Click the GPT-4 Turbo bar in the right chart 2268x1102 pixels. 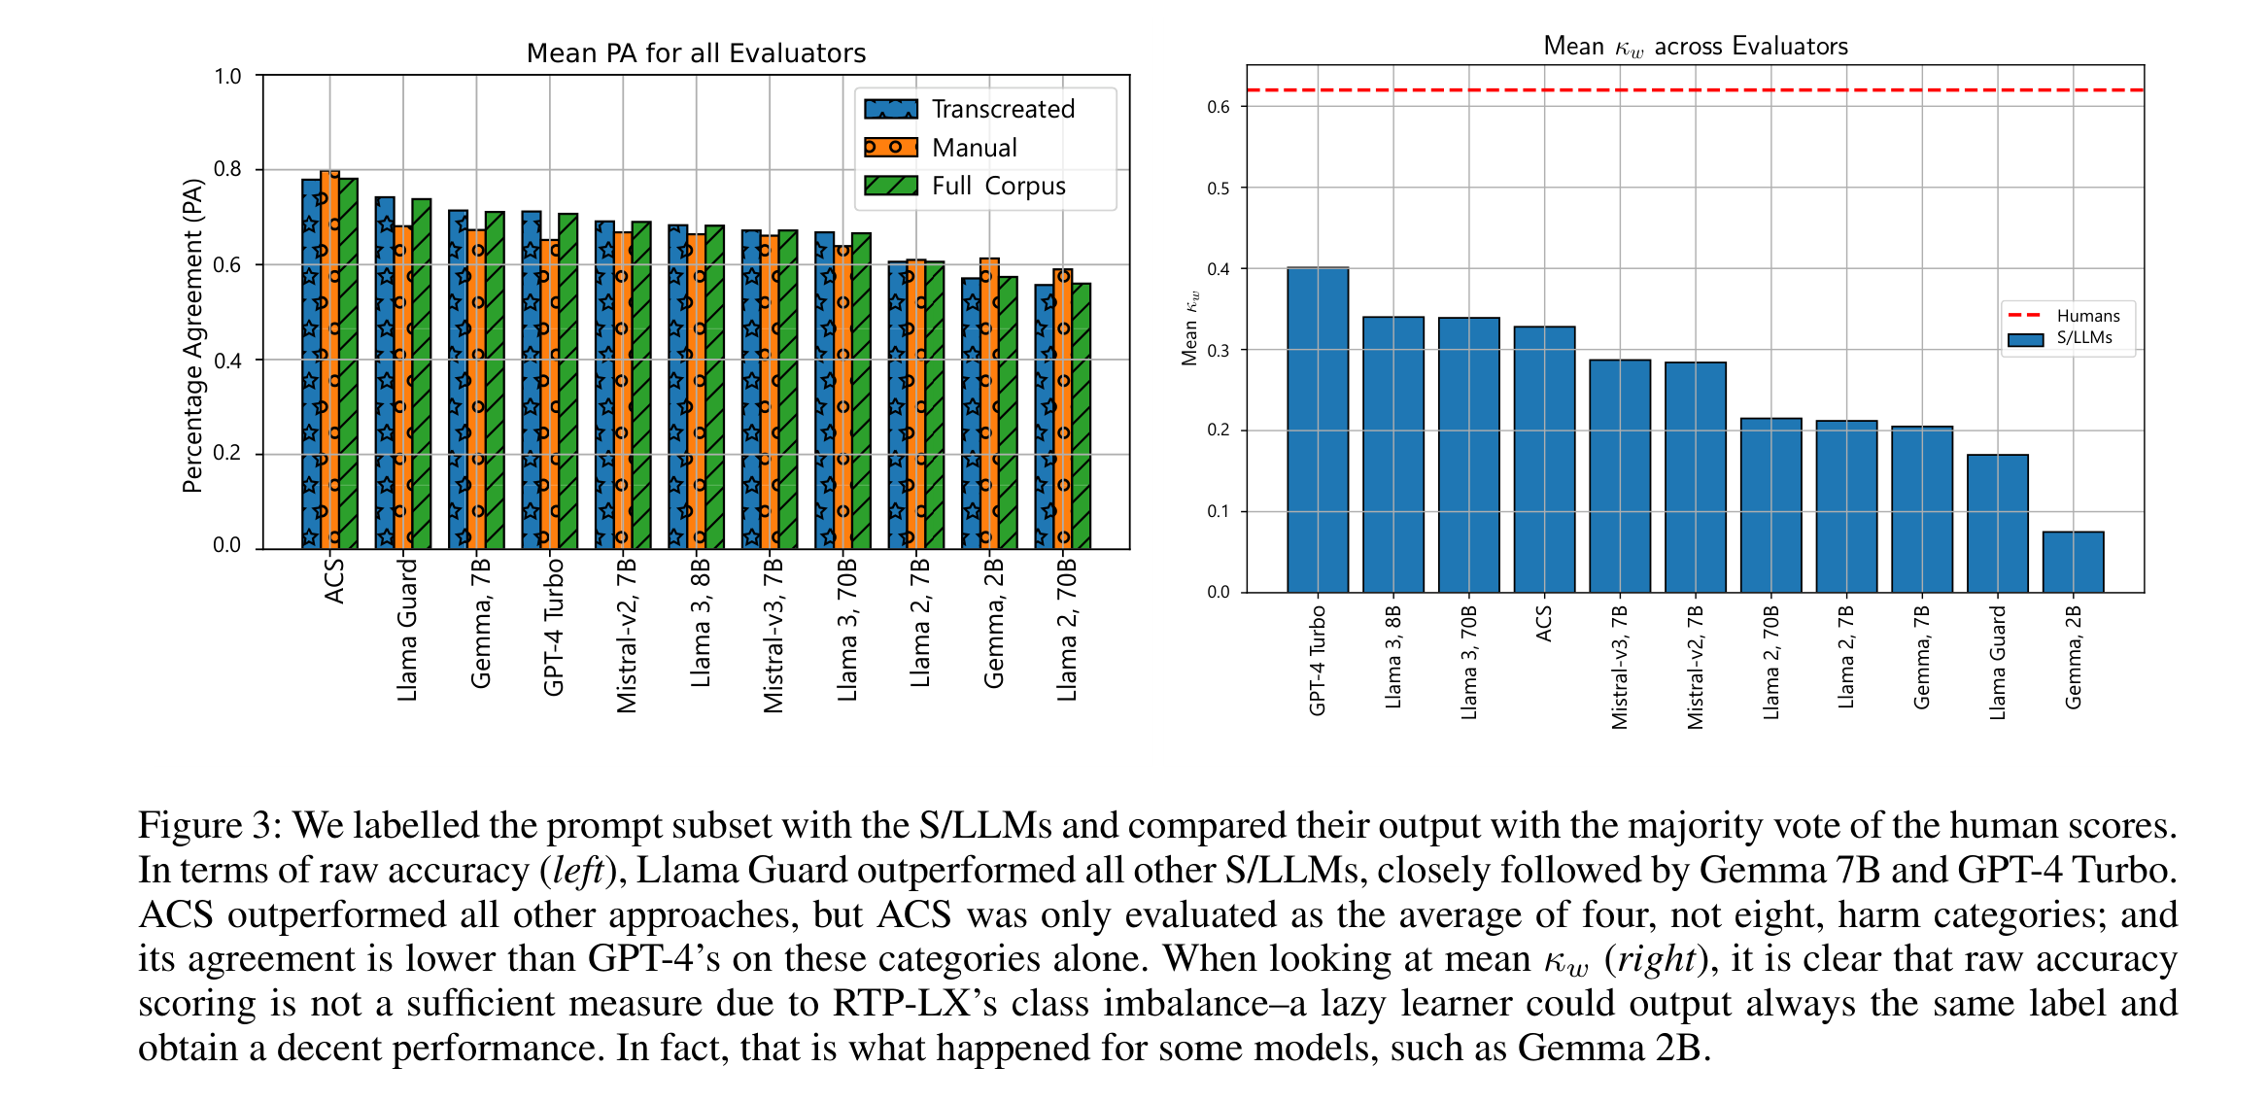(x=1318, y=430)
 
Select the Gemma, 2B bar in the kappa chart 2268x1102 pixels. (x=2073, y=562)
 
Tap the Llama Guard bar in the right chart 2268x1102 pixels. (x=1997, y=523)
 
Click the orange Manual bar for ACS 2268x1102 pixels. (x=329, y=360)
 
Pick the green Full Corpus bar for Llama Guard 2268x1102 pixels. (x=422, y=374)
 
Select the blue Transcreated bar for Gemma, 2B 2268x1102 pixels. (x=971, y=414)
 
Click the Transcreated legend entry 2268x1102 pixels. (x=970, y=109)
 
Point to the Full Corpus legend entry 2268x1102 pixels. (x=965, y=186)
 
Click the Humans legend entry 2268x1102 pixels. (x=2064, y=316)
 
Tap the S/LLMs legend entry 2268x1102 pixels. (x=2060, y=338)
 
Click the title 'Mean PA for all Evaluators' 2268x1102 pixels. (x=696, y=53)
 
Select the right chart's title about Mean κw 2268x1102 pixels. (x=1696, y=47)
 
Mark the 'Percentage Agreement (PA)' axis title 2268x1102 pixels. (x=192, y=336)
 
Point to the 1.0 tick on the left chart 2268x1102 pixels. (x=227, y=76)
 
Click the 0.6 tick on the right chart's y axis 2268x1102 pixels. (x=1219, y=107)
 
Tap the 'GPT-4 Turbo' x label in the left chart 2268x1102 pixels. (x=553, y=627)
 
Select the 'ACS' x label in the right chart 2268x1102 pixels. (x=1544, y=624)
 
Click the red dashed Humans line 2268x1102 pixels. (x=1696, y=90)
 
